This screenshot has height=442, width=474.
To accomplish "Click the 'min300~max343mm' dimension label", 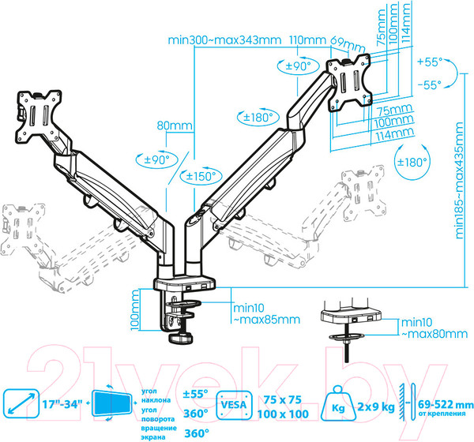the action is (x=224, y=40).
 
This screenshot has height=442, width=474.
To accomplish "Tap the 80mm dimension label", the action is (x=175, y=125).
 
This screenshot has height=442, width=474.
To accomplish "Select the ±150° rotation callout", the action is (x=201, y=176).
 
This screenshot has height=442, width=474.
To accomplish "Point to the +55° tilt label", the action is (x=430, y=62).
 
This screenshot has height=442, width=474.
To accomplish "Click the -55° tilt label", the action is (x=430, y=85).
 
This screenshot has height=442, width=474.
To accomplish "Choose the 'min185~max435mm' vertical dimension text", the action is (x=459, y=181).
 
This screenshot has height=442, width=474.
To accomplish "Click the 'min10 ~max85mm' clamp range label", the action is (x=267, y=314).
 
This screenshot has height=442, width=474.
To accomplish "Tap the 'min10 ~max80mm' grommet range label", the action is (x=434, y=328).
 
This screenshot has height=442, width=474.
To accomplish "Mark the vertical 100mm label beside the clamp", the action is (x=135, y=310).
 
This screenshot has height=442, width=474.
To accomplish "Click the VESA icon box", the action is (x=234, y=405).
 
